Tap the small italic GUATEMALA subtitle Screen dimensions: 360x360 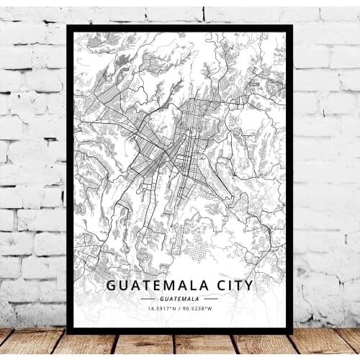tap(180, 298)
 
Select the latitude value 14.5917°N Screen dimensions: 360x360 tap(160, 309)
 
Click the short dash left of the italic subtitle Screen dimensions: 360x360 tap(148, 298)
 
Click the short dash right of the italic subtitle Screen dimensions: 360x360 tap(211, 298)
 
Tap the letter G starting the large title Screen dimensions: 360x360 tap(112, 285)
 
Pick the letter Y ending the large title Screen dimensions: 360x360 tap(249, 285)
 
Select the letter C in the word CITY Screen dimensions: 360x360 tap(217, 285)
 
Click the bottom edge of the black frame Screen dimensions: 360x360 tap(180, 331)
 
